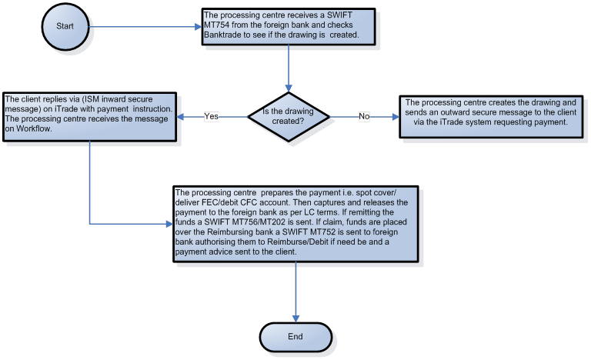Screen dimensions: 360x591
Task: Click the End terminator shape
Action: pos(295,336)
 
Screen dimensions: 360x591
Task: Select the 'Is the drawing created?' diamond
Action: pos(288,116)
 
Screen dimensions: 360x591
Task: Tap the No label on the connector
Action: pos(364,116)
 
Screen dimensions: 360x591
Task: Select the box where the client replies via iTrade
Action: pos(90,117)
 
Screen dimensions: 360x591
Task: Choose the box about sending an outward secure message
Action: pos(489,117)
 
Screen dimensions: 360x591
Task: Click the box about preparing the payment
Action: pos(295,224)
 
